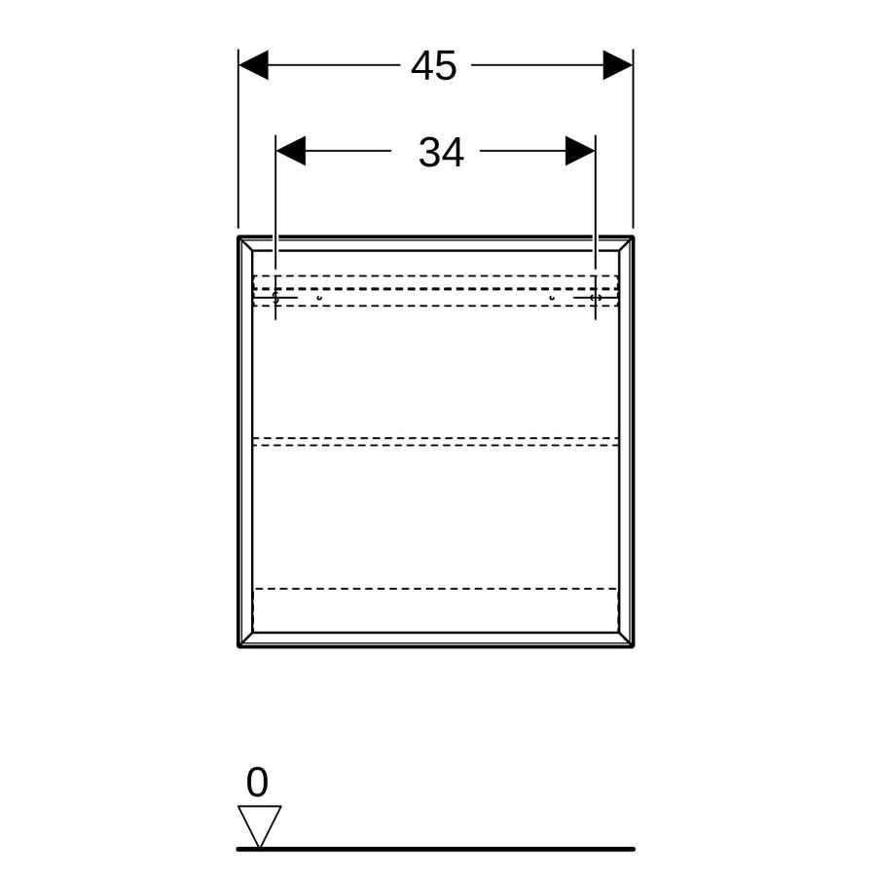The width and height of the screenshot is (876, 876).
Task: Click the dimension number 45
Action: [433, 65]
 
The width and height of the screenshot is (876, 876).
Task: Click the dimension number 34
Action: [441, 152]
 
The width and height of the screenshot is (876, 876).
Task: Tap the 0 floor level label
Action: [257, 783]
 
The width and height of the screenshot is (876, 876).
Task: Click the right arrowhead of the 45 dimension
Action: [618, 65]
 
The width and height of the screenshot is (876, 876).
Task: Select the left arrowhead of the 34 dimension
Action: [290, 151]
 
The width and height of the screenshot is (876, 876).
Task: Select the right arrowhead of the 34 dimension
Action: [580, 151]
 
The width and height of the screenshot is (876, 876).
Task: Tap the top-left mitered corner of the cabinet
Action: [246, 243]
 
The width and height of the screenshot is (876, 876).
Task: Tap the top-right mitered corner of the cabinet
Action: [626, 243]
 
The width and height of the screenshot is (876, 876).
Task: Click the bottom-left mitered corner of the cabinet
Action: [246, 639]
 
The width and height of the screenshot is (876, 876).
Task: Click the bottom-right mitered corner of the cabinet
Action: [626, 639]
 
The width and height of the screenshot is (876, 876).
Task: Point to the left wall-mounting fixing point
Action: [275, 297]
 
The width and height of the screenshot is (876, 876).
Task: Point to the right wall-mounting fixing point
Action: [596, 298]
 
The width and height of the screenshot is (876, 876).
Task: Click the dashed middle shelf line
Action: [436, 441]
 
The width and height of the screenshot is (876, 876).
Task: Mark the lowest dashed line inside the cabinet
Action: [436, 588]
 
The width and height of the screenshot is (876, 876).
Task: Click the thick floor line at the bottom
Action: [436, 849]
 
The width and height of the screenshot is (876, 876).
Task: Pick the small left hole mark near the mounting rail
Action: [319, 299]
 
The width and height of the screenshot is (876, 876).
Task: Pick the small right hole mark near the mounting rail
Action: [552, 299]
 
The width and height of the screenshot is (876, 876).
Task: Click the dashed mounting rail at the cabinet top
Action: [436, 290]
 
